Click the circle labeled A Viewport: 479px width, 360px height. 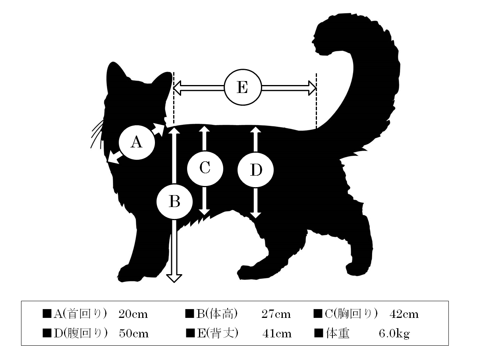(x=137, y=142)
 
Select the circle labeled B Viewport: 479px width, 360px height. (x=175, y=201)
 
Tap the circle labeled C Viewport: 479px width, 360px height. (x=205, y=168)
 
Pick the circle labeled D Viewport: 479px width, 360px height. (x=255, y=170)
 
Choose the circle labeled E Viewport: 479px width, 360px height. (x=243, y=87)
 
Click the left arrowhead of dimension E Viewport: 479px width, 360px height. (x=177, y=88)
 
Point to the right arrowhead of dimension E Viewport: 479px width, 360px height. (x=312, y=88)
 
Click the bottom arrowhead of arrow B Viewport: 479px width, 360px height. (x=174, y=279)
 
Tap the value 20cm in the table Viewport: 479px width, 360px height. (x=133, y=314)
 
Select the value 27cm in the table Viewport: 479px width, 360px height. (x=276, y=314)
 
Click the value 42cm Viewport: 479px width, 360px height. (x=404, y=314)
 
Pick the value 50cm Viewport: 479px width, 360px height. (x=133, y=334)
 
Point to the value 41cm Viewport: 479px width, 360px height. (x=277, y=334)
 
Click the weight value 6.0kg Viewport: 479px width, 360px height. (x=394, y=334)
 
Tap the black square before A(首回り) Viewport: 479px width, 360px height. (x=47, y=314)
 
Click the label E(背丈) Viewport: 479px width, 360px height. (x=217, y=333)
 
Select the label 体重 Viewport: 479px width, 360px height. (x=338, y=333)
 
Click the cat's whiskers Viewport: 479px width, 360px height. (x=97, y=134)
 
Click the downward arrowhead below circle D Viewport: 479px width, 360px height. (x=255, y=215)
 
